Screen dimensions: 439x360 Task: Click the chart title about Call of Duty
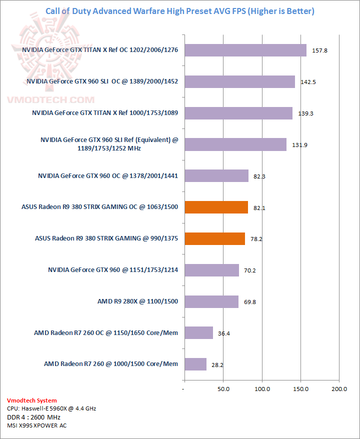point(180,11)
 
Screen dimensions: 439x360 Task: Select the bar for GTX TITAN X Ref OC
point(245,50)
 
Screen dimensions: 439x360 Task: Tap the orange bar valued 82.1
point(216,207)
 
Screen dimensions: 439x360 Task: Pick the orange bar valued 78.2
point(214,238)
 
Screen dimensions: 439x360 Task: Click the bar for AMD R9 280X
point(211,301)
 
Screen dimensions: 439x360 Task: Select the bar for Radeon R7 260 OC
point(198,332)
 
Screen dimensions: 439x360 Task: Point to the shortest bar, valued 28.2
point(195,364)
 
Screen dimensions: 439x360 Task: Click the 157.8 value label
point(319,50)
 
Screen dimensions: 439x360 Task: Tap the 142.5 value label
point(307,82)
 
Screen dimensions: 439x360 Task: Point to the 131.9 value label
point(299,145)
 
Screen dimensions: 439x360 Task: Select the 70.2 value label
point(250,270)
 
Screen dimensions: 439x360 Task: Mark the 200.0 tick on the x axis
point(339,388)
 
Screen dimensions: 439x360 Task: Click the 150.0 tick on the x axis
point(300,388)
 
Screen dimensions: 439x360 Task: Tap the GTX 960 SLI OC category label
point(102,81)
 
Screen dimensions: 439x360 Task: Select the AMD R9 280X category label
point(137,301)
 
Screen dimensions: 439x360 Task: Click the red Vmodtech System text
point(32,400)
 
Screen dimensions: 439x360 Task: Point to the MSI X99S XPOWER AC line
point(36,425)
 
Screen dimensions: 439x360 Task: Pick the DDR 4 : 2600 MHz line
point(33,417)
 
